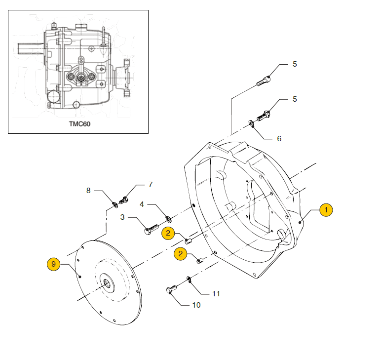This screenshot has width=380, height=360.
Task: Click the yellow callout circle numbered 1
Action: [326, 210]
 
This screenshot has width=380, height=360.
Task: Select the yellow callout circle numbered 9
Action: [54, 264]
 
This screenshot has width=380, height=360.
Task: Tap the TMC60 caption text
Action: [80, 124]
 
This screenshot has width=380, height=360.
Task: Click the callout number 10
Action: [196, 305]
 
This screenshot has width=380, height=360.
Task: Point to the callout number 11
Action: [216, 294]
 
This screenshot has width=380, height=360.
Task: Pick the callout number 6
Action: [279, 139]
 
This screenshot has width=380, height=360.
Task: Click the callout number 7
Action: [151, 185]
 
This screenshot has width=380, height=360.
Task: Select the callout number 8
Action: [88, 191]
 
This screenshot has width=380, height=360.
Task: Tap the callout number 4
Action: [142, 204]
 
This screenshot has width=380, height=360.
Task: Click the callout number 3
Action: [122, 217]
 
